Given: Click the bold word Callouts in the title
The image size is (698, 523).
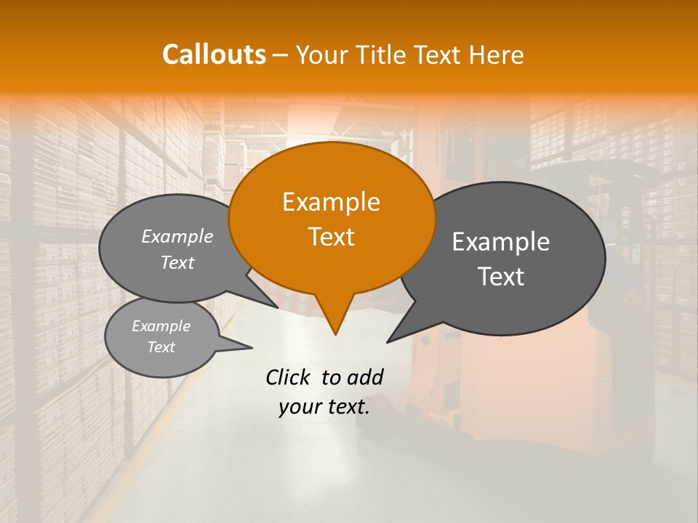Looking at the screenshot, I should tap(214, 54).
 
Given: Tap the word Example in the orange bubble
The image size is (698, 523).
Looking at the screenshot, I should tap(331, 202).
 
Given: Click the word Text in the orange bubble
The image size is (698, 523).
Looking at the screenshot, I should tap(331, 237).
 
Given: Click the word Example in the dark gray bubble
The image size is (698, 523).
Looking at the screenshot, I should tap(501, 242).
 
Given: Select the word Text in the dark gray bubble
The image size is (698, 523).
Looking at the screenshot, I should tap(501, 277).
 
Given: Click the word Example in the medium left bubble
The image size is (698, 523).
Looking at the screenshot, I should tap(177, 236).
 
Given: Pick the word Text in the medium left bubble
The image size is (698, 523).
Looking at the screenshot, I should tap(177, 262).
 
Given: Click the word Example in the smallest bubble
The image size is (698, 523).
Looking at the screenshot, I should tap(161, 326).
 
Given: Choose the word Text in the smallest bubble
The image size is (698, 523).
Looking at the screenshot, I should tap(161, 347).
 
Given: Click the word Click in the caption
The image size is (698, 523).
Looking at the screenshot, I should tap(289, 377).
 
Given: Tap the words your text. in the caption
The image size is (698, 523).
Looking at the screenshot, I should tap(324, 407).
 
